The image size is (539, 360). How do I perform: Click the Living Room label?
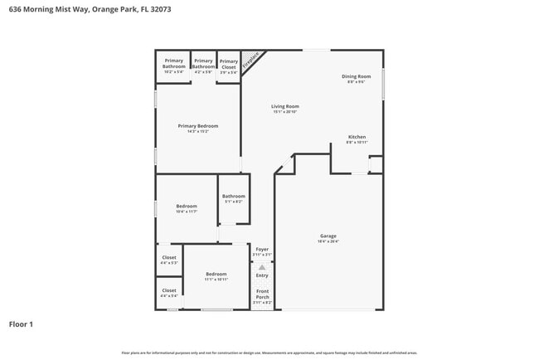285,106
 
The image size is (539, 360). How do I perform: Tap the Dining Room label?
357,76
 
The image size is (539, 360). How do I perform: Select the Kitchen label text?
357,137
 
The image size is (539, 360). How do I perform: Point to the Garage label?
328,236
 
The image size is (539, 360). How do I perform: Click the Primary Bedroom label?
197,126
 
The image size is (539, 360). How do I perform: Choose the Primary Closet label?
228,63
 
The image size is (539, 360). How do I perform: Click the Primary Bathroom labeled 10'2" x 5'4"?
173,63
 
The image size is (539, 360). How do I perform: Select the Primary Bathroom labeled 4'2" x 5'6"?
203,63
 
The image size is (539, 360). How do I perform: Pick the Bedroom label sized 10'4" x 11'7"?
187,207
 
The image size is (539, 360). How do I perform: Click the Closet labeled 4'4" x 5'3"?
169,258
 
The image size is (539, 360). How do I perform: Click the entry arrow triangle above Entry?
262,267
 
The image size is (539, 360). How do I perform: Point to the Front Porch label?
262,294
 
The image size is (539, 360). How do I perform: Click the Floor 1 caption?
21,324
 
